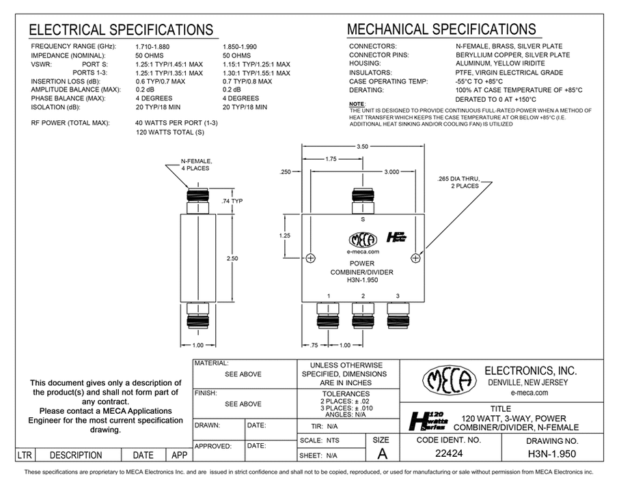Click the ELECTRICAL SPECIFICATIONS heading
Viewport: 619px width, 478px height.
click(x=120, y=30)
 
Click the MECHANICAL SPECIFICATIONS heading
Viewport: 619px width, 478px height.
click(x=441, y=29)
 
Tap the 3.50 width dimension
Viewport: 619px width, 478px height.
click(x=363, y=147)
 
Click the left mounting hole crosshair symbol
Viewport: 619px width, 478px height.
click(x=311, y=258)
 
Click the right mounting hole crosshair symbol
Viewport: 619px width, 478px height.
click(x=417, y=258)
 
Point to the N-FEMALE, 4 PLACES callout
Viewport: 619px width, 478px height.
click(x=197, y=165)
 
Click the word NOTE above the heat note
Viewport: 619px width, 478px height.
click(x=357, y=103)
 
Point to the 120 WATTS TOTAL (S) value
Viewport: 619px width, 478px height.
click(x=170, y=132)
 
